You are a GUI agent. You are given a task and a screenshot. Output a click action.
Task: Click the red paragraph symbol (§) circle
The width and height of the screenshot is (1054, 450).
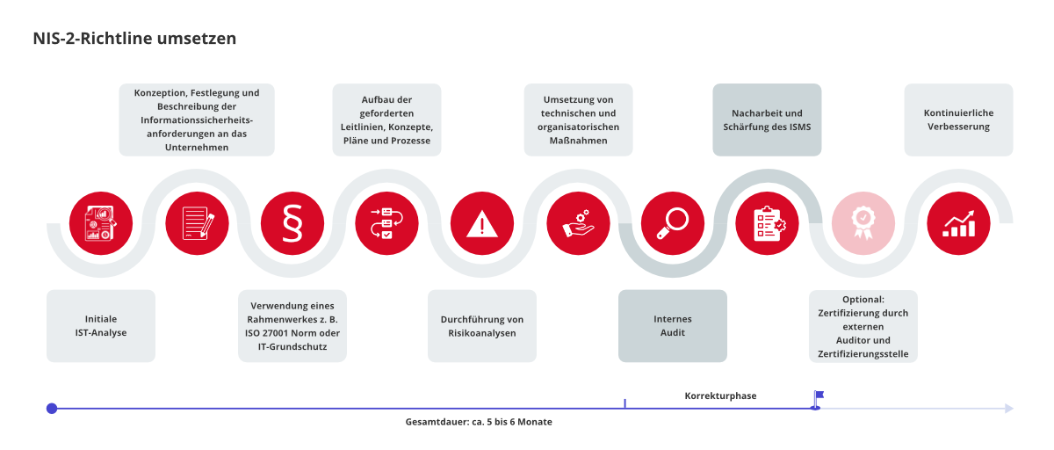click(x=292, y=223)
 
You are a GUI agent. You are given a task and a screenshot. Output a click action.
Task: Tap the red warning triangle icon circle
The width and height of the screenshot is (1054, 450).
click(x=482, y=223)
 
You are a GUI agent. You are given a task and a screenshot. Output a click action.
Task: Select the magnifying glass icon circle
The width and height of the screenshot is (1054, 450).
click(x=673, y=223)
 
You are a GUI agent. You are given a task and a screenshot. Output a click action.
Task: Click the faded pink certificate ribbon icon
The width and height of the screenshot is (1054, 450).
click(x=863, y=223)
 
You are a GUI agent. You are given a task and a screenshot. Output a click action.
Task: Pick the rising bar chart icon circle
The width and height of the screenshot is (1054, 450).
click(x=958, y=223)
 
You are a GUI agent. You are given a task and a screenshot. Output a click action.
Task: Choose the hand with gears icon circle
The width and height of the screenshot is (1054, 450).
click(x=578, y=223)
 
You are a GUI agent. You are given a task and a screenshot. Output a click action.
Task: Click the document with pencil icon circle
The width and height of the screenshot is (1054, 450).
click(x=197, y=223)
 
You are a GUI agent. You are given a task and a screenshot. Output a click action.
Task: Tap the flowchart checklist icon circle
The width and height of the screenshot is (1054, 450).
click(x=386, y=223)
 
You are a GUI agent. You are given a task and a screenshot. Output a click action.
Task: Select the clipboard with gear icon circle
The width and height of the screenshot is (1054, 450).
click(x=767, y=223)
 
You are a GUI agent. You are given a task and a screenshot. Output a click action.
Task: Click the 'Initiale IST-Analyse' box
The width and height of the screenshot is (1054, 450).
click(x=101, y=326)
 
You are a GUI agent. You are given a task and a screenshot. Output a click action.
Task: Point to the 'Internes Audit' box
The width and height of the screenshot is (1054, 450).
click(x=673, y=326)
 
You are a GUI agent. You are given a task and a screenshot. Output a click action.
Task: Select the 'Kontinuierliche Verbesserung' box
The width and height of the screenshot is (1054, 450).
click(x=958, y=120)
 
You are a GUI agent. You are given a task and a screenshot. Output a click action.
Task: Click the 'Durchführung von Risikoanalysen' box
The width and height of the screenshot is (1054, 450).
click(x=482, y=326)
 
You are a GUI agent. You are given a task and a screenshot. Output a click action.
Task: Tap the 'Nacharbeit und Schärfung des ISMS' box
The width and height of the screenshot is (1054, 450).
click(x=767, y=120)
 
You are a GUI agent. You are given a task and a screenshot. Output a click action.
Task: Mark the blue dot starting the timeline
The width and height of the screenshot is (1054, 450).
click(x=52, y=409)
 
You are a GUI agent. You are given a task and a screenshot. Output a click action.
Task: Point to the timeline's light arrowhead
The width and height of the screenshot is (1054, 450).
click(x=1009, y=409)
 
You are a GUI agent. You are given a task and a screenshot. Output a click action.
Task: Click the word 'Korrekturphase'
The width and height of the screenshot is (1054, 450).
click(x=720, y=396)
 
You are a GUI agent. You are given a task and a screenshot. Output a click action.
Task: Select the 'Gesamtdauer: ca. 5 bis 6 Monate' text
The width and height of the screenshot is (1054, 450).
click(x=479, y=422)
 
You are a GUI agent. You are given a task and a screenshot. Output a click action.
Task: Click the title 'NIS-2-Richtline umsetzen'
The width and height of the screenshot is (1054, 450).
click(x=134, y=38)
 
